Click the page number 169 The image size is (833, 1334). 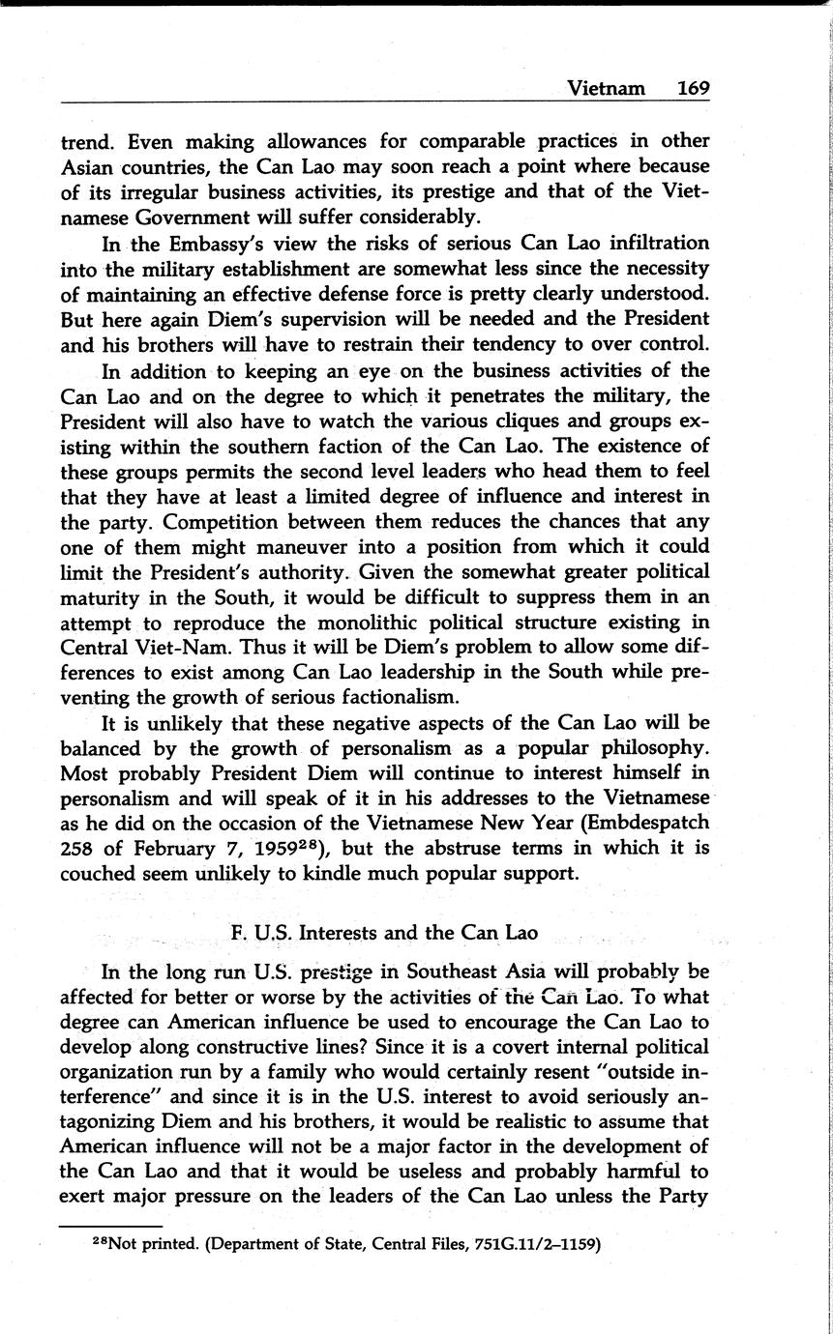[693, 88]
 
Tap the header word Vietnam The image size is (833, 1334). [606, 88]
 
